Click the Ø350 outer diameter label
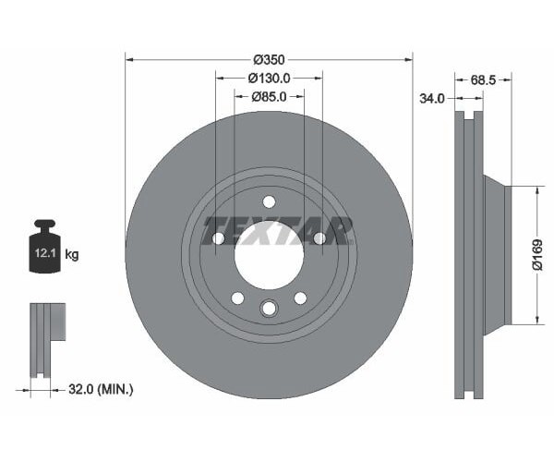click(x=269, y=60)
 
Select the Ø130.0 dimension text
click(x=269, y=79)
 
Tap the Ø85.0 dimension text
click(x=269, y=96)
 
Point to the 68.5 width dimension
click(x=483, y=80)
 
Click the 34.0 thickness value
click(x=432, y=98)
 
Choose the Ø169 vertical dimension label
click(x=537, y=254)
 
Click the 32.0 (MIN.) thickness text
click(x=101, y=390)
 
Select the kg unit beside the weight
click(x=72, y=254)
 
